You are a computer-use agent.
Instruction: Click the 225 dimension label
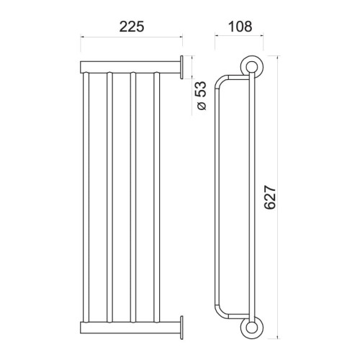click(x=132, y=27)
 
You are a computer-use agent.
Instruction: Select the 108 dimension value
click(x=240, y=27)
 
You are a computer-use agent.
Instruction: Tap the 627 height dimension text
click(x=270, y=197)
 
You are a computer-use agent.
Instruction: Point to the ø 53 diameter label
click(x=202, y=96)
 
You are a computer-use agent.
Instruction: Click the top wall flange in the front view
click(x=181, y=68)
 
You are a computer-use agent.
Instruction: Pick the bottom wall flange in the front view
click(x=181, y=328)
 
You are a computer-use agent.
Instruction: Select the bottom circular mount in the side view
click(x=252, y=328)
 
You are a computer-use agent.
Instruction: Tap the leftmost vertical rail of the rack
click(x=86, y=197)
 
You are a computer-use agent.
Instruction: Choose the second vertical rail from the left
click(x=109, y=197)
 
